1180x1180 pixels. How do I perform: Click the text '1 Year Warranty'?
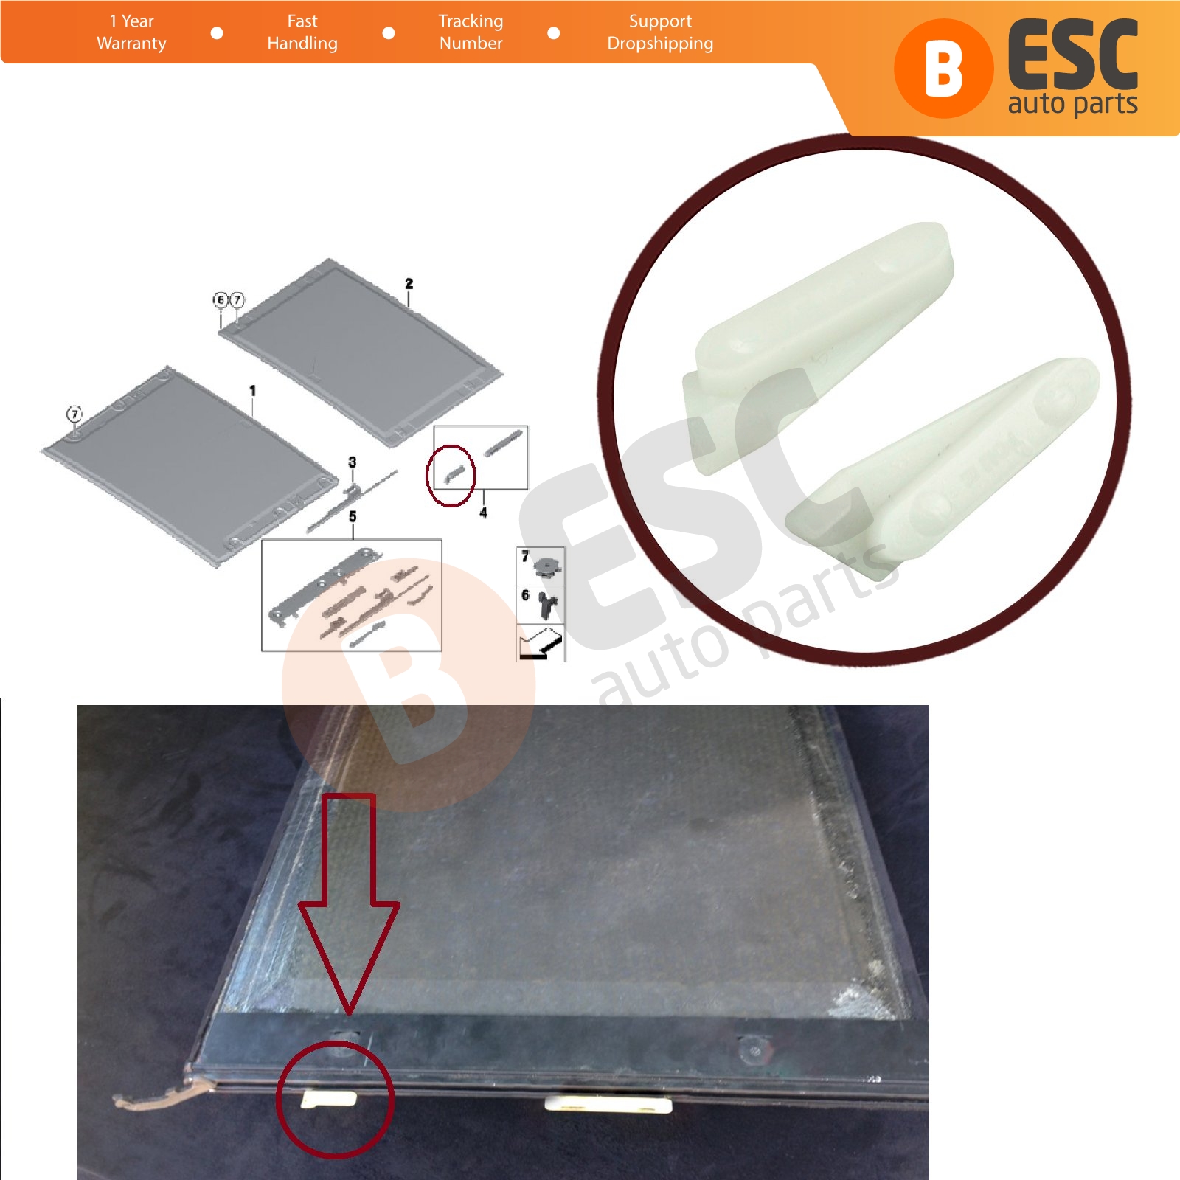131,32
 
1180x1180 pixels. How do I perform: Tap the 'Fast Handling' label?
302,32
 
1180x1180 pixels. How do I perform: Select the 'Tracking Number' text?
471,32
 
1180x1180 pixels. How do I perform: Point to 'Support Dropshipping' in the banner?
660,32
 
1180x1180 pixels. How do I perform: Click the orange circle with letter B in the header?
943,69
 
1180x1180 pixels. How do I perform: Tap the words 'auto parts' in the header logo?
1072,103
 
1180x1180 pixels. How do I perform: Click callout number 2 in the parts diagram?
409,284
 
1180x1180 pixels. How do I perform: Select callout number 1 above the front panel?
252,390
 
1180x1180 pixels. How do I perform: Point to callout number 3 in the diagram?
353,462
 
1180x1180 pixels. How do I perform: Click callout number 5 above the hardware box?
353,516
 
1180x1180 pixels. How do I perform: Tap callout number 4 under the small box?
483,512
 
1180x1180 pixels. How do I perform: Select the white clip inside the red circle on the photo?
329,1099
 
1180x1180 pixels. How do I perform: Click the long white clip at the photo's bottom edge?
608,1104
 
